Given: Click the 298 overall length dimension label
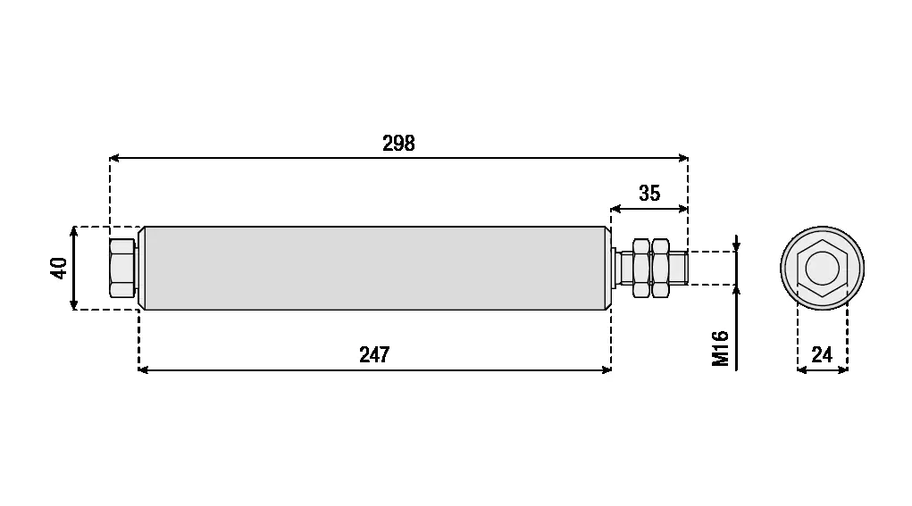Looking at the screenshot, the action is (398, 143).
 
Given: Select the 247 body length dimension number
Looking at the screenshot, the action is (374, 354).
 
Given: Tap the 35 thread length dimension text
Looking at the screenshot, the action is (649, 193).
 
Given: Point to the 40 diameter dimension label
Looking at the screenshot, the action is (59, 268).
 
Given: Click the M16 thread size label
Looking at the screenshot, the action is (720, 349).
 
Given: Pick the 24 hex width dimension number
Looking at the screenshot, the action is (821, 354).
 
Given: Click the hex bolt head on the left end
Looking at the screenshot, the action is (122, 269).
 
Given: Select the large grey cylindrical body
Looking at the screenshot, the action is (374, 268).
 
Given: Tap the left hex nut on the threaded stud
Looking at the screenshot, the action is (641, 268).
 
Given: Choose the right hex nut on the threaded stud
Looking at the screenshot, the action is (660, 268).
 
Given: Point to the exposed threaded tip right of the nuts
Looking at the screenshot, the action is (679, 268).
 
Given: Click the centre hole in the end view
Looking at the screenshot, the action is (822, 268).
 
